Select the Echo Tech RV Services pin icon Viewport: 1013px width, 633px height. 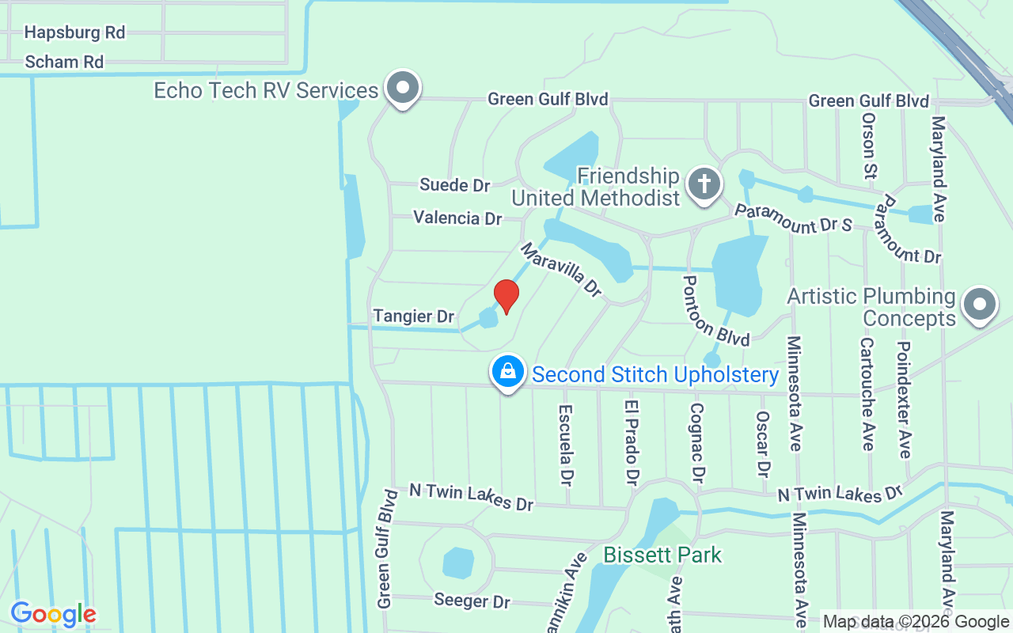[403, 88]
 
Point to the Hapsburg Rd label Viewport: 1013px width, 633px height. [74, 32]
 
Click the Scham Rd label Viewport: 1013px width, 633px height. [64, 62]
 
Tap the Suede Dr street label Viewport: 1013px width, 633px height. [455, 185]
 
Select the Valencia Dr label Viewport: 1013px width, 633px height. [457, 218]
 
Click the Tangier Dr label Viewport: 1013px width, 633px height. [414, 316]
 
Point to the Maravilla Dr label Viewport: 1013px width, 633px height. [560, 270]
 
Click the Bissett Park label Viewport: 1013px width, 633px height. [662, 555]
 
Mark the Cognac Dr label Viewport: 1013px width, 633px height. [696, 443]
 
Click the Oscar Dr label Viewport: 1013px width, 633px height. [763, 444]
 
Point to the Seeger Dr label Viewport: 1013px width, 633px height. [472, 601]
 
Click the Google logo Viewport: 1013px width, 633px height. [53, 614]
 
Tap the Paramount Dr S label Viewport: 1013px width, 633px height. [792, 219]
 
